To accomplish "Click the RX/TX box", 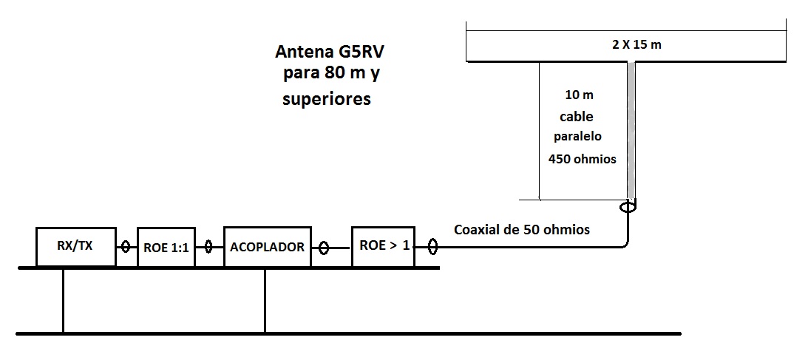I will [x=76, y=247].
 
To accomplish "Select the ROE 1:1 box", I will [x=166, y=247].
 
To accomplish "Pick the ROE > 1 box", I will [x=384, y=246].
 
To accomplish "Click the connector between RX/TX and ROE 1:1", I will [x=126, y=248].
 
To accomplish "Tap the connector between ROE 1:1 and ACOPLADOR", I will [x=209, y=248].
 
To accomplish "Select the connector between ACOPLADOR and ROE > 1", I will [x=323, y=248].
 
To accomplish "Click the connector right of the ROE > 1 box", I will [x=432, y=248].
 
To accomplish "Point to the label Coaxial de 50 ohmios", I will [x=522, y=229].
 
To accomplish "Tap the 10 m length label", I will [x=579, y=95].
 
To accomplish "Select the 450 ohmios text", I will [x=582, y=159].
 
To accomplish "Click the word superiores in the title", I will [x=327, y=99].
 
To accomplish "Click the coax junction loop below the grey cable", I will [x=628, y=208].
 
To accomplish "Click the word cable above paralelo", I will [x=577, y=117].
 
